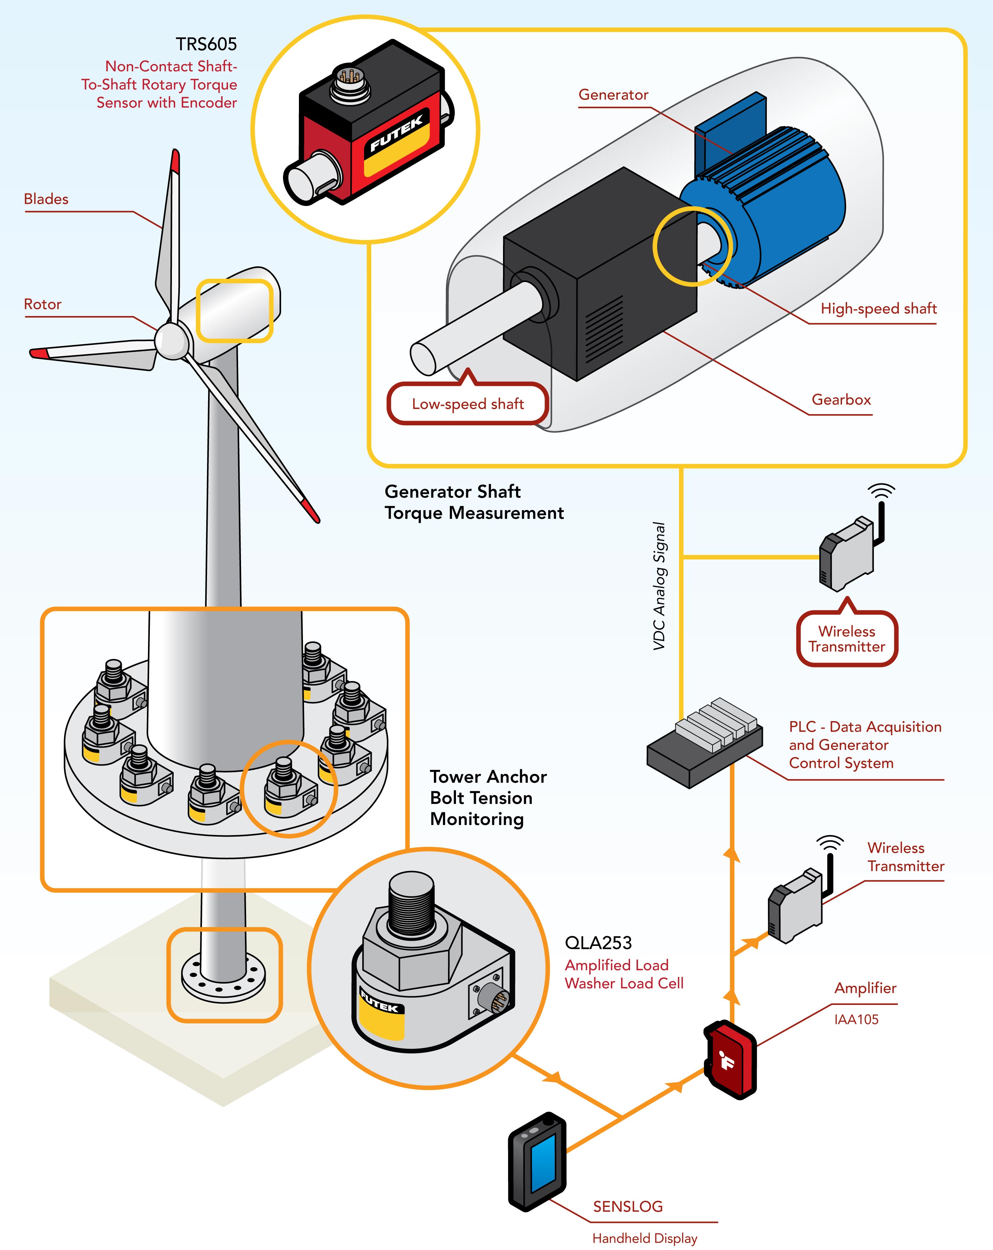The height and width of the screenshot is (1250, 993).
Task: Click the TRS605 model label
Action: pos(206,45)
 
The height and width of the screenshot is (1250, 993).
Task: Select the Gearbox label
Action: pos(841,399)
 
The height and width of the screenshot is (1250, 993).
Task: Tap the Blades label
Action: pos(46,199)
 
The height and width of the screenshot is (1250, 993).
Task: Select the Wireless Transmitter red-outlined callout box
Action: pos(846,639)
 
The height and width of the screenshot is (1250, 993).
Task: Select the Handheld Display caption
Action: pos(644,1238)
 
